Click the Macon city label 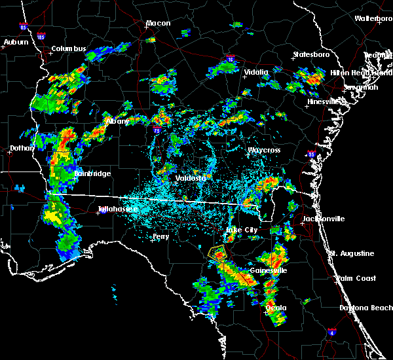(x=158, y=24)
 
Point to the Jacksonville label (x=324, y=219)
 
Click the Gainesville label (x=269, y=270)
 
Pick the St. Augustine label (x=352, y=253)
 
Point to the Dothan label (x=22, y=149)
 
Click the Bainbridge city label (x=92, y=173)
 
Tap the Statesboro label (x=311, y=54)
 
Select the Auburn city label (x=16, y=43)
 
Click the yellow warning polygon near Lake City (x=217, y=253)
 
